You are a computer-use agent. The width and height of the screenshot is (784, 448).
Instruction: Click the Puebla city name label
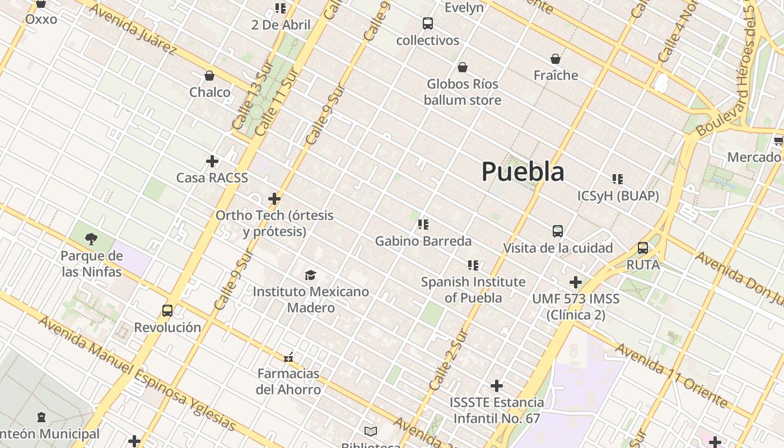522,171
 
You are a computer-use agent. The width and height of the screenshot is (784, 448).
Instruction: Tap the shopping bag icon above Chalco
209,76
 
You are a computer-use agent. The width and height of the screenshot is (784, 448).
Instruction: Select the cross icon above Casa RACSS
212,161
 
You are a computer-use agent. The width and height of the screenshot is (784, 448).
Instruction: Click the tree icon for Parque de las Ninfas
91,240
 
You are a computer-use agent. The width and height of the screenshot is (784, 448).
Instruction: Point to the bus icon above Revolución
167,311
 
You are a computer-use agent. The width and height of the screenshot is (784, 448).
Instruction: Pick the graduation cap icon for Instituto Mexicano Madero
310,275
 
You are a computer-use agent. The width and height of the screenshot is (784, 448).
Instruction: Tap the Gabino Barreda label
423,241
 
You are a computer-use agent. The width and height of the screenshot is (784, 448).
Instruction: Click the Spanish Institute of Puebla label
473,290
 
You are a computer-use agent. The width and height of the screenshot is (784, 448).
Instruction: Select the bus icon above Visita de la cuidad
558,231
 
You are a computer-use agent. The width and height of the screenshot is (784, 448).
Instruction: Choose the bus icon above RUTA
643,248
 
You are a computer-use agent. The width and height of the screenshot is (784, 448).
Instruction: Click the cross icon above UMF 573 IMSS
576,282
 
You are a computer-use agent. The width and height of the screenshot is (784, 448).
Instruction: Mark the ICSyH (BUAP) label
618,196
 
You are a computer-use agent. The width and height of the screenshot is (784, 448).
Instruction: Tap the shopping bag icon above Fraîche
556,59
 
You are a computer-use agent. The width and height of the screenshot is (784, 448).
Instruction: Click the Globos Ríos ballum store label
462,92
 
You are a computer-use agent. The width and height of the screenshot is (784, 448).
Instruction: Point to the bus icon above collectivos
428,24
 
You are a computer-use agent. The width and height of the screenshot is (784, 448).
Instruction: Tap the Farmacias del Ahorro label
288,381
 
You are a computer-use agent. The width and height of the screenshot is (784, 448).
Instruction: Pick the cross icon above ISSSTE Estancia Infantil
497,386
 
